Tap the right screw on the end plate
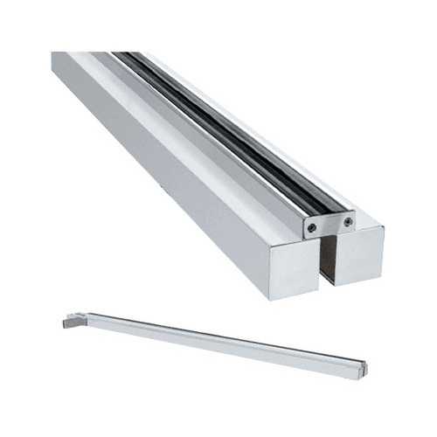click(x=348, y=222)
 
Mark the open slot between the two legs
click(x=328, y=262)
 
